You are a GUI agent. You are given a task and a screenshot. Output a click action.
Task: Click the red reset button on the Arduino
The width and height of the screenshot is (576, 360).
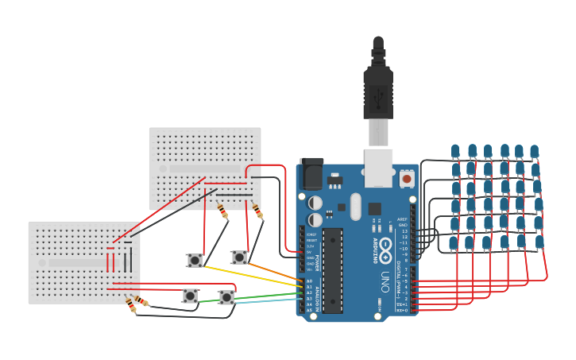click(407, 179)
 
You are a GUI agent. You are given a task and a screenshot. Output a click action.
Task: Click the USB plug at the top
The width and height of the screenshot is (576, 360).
click(378, 87)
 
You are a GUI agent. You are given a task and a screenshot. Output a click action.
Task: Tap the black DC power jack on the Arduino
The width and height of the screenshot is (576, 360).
click(311, 174)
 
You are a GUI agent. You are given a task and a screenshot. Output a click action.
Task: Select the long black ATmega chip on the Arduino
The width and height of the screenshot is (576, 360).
click(332, 270)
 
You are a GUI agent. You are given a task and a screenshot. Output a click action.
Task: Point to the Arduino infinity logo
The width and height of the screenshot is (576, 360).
click(386, 246)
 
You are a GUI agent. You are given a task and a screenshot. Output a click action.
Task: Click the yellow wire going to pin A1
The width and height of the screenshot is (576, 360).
click(254, 276)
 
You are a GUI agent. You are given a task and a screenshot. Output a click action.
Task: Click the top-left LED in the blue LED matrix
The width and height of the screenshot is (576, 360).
click(455, 151)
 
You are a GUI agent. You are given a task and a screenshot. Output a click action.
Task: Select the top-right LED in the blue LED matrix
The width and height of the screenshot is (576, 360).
click(535, 151)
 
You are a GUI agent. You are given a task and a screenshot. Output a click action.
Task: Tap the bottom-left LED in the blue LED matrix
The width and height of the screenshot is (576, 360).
click(453, 242)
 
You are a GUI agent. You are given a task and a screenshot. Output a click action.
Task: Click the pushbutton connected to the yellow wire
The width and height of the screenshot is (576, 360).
click(195, 261)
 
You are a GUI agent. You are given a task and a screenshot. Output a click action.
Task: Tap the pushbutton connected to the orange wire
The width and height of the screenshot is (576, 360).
click(238, 257)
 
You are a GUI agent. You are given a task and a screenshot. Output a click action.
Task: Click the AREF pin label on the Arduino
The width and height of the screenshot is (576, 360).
click(402, 219)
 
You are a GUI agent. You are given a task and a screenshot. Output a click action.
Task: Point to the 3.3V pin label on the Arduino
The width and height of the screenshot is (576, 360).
click(311, 246)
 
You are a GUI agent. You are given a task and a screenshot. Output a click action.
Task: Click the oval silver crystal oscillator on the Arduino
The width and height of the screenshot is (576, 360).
click(355, 207)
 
